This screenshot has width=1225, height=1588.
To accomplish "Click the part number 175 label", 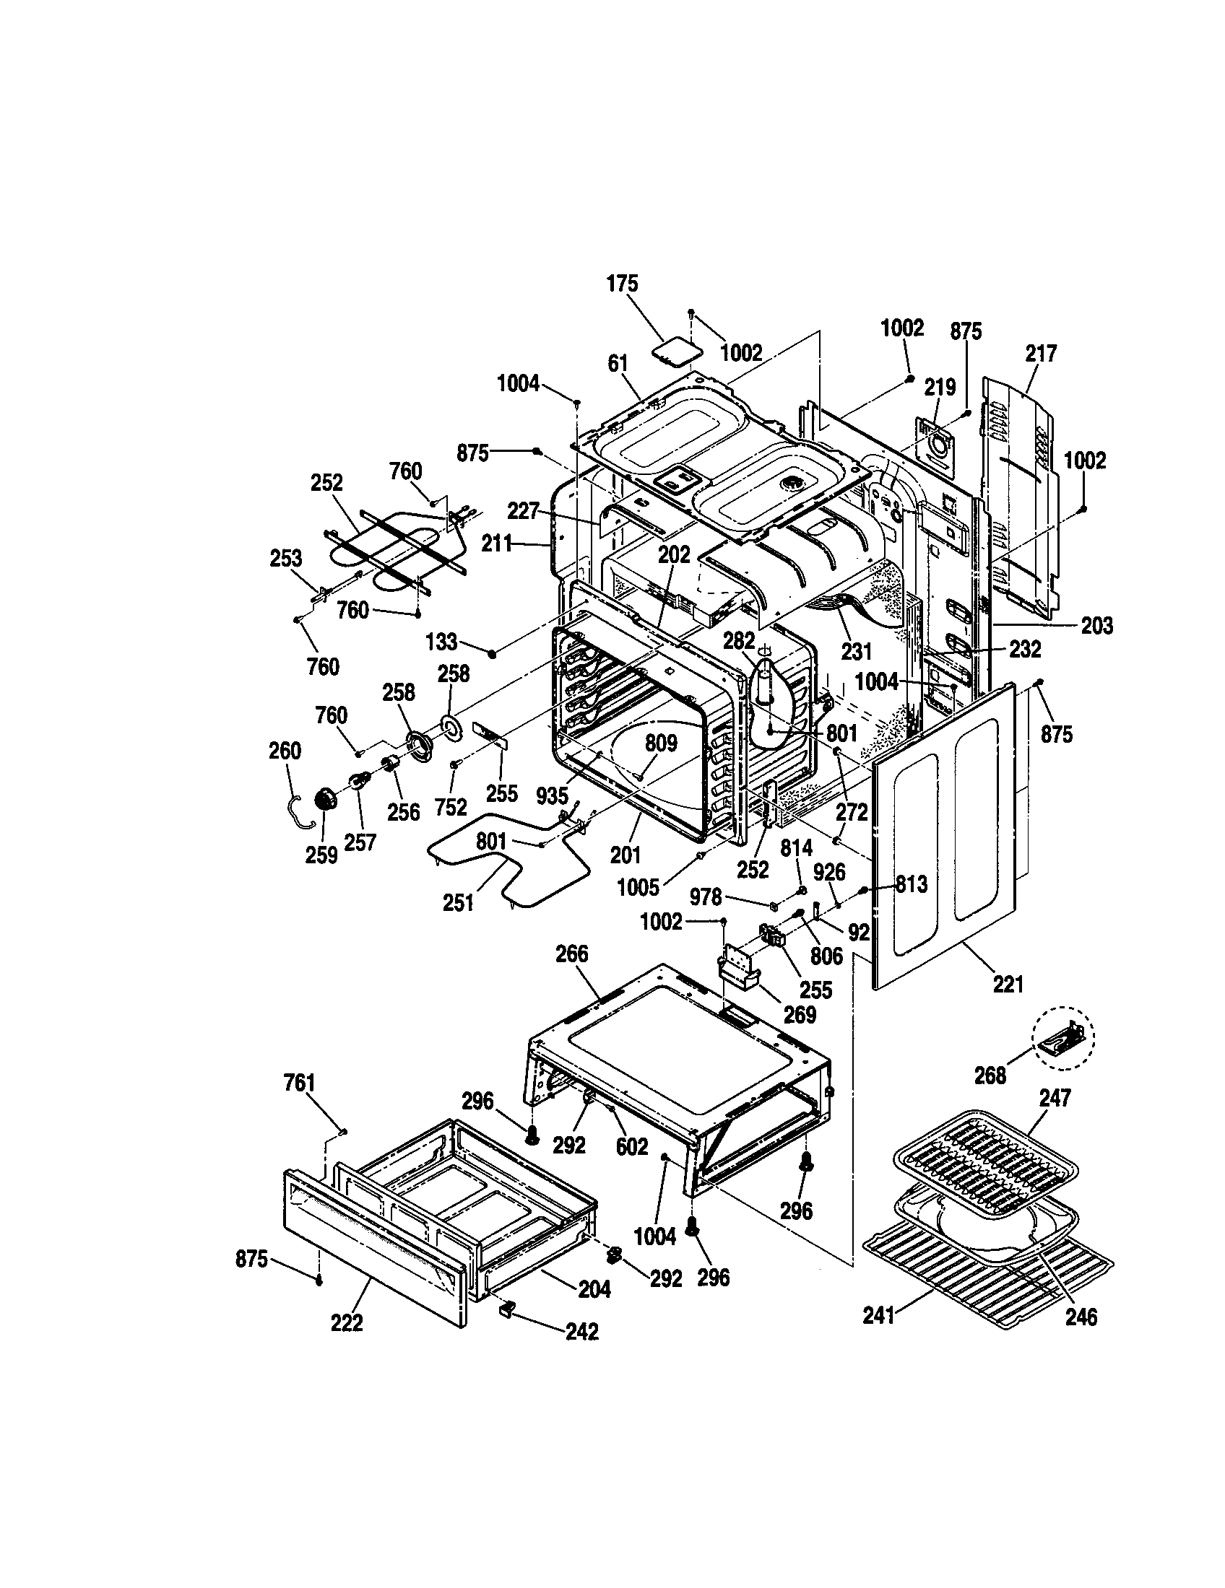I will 622,284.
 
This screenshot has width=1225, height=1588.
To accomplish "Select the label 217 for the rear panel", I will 1041,354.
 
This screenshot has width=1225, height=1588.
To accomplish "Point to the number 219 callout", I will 940,388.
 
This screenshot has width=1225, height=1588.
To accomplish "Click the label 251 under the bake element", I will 458,903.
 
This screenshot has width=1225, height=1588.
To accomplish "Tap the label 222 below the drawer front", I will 346,1323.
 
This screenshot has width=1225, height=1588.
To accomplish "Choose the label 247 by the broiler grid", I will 1055,1097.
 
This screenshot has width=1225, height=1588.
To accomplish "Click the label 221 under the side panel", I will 1008,985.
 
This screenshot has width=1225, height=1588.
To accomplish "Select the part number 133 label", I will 441,642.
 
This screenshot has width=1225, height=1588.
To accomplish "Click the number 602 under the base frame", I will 631,1148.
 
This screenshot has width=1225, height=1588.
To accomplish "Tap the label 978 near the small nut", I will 706,898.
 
